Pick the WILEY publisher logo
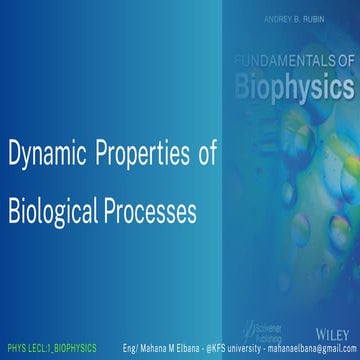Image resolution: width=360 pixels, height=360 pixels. pyautogui.click(x=333, y=327)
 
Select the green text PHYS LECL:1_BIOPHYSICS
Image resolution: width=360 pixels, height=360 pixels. pyautogui.click(x=52, y=349)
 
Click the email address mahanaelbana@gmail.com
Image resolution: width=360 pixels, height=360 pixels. pyautogui.click(x=311, y=349)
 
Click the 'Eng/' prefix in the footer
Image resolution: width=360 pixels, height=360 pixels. pyautogui.click(x=130, y=349)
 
